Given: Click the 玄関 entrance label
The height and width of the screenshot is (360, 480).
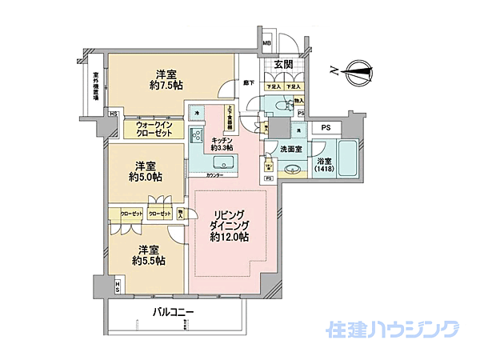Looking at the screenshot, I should tap(283, 65).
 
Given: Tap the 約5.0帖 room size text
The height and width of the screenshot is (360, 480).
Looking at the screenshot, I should tap(146, 177).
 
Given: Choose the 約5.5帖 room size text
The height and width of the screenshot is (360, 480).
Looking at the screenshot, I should tap(149, 261).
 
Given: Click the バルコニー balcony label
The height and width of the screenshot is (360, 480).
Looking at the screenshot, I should tap(174, 311).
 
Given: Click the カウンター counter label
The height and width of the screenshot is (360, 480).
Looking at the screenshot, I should tap(214, 175).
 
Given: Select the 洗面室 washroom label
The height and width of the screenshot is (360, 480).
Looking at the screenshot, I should tap(290, 149).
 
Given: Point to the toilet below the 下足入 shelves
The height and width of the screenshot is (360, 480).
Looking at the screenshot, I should tap(282, 106).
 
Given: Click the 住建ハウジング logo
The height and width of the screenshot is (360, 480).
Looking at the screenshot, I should tap(392, 330).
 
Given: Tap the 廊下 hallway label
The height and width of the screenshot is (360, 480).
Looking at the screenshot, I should tap(249, 83).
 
